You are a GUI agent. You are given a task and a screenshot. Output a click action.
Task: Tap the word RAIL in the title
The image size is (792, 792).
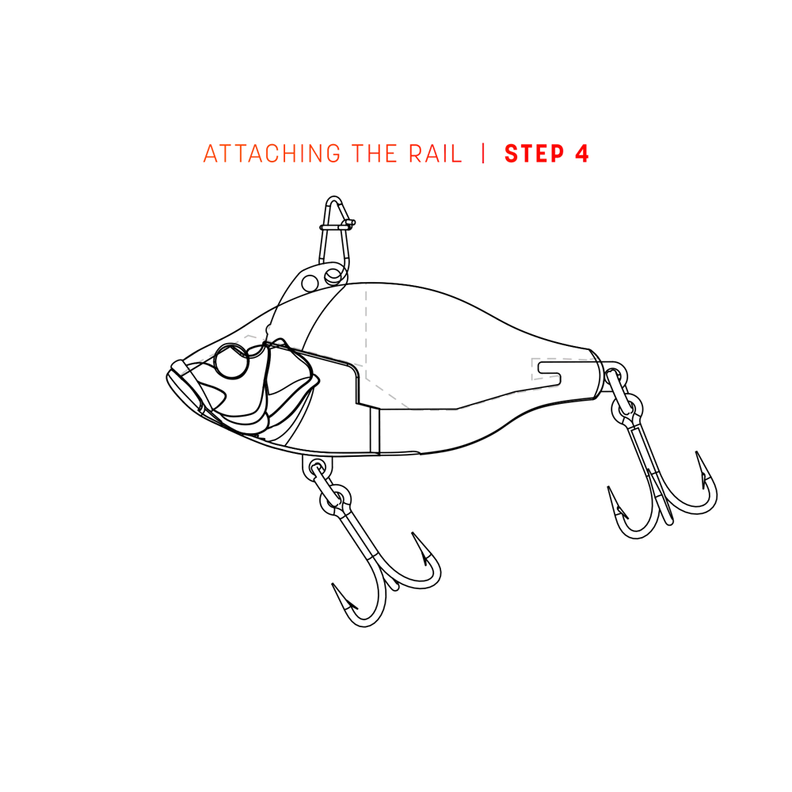pyautogui.click(x=436, y=154)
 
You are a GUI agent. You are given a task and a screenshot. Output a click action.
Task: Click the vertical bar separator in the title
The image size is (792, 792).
pyautogui.click(x=483, y=154)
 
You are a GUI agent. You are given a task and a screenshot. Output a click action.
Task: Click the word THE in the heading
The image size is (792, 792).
pyautogui.click(x=375, y=154)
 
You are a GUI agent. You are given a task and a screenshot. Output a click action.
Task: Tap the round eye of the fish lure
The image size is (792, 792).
pyautogui.click(x=232, y=360)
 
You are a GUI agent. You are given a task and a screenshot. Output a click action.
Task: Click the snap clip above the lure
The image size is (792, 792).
pyautogui.click(x=334, y=238)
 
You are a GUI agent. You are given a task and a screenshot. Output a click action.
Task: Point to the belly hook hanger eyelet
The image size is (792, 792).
pyautogui.click(x=318, y=467)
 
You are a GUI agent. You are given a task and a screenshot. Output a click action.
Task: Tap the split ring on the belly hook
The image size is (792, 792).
pyautogui.click(x=335, y=499)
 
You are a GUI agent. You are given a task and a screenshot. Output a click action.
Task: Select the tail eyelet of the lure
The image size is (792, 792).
pyautogui.click(x=614, y=375)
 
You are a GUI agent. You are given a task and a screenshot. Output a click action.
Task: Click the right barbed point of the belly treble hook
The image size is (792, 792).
pyautogui.click(x=423, y=548)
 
